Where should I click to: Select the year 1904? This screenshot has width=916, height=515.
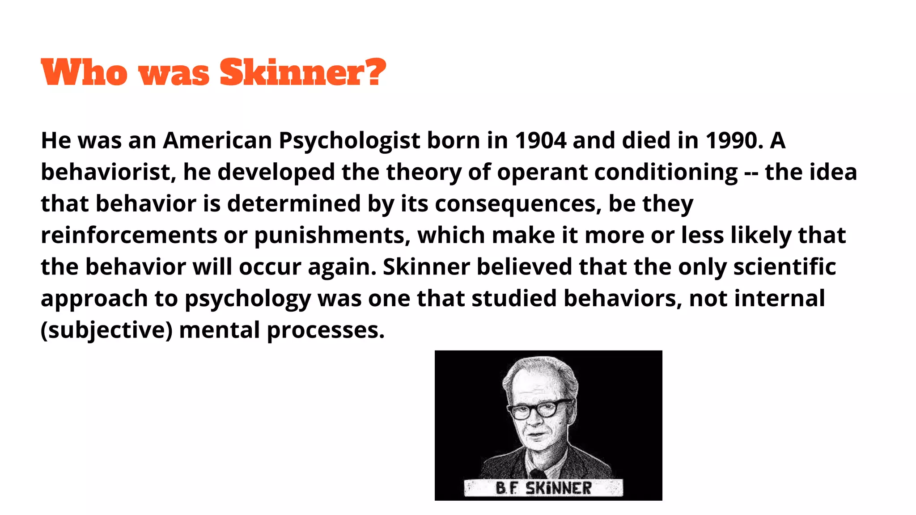click(x=540, y=140)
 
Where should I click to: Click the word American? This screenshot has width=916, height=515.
click(x=217, y=140)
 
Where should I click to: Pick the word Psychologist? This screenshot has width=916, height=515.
click(x=349, y=141)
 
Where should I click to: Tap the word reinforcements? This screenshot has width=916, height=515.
click(x=129, y=236)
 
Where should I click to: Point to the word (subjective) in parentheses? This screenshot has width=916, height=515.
click(x=106, y=331)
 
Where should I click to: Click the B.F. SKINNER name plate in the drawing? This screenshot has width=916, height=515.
click(x=543, y=488)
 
